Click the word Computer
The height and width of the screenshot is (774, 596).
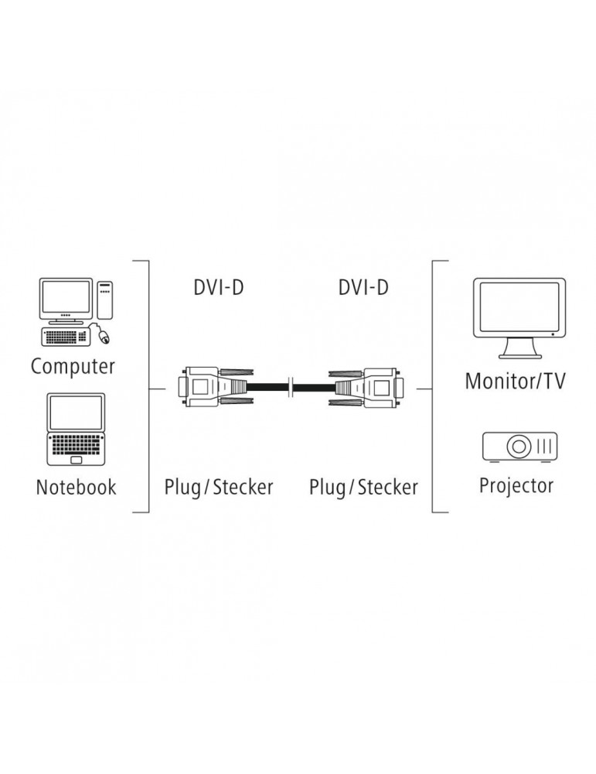73,366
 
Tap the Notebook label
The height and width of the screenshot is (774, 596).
76,488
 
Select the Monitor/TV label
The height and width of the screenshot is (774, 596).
515,381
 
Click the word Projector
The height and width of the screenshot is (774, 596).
516,486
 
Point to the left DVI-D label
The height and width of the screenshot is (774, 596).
219,288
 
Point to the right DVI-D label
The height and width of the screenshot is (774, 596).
363,288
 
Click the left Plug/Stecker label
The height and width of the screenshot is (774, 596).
219,488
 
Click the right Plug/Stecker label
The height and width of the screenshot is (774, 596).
363,488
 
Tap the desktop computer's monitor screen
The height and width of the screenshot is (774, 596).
66,299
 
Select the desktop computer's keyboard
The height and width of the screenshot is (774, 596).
66,337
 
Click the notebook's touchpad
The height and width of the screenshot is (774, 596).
76,460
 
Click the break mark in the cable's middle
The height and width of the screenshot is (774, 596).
290,385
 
